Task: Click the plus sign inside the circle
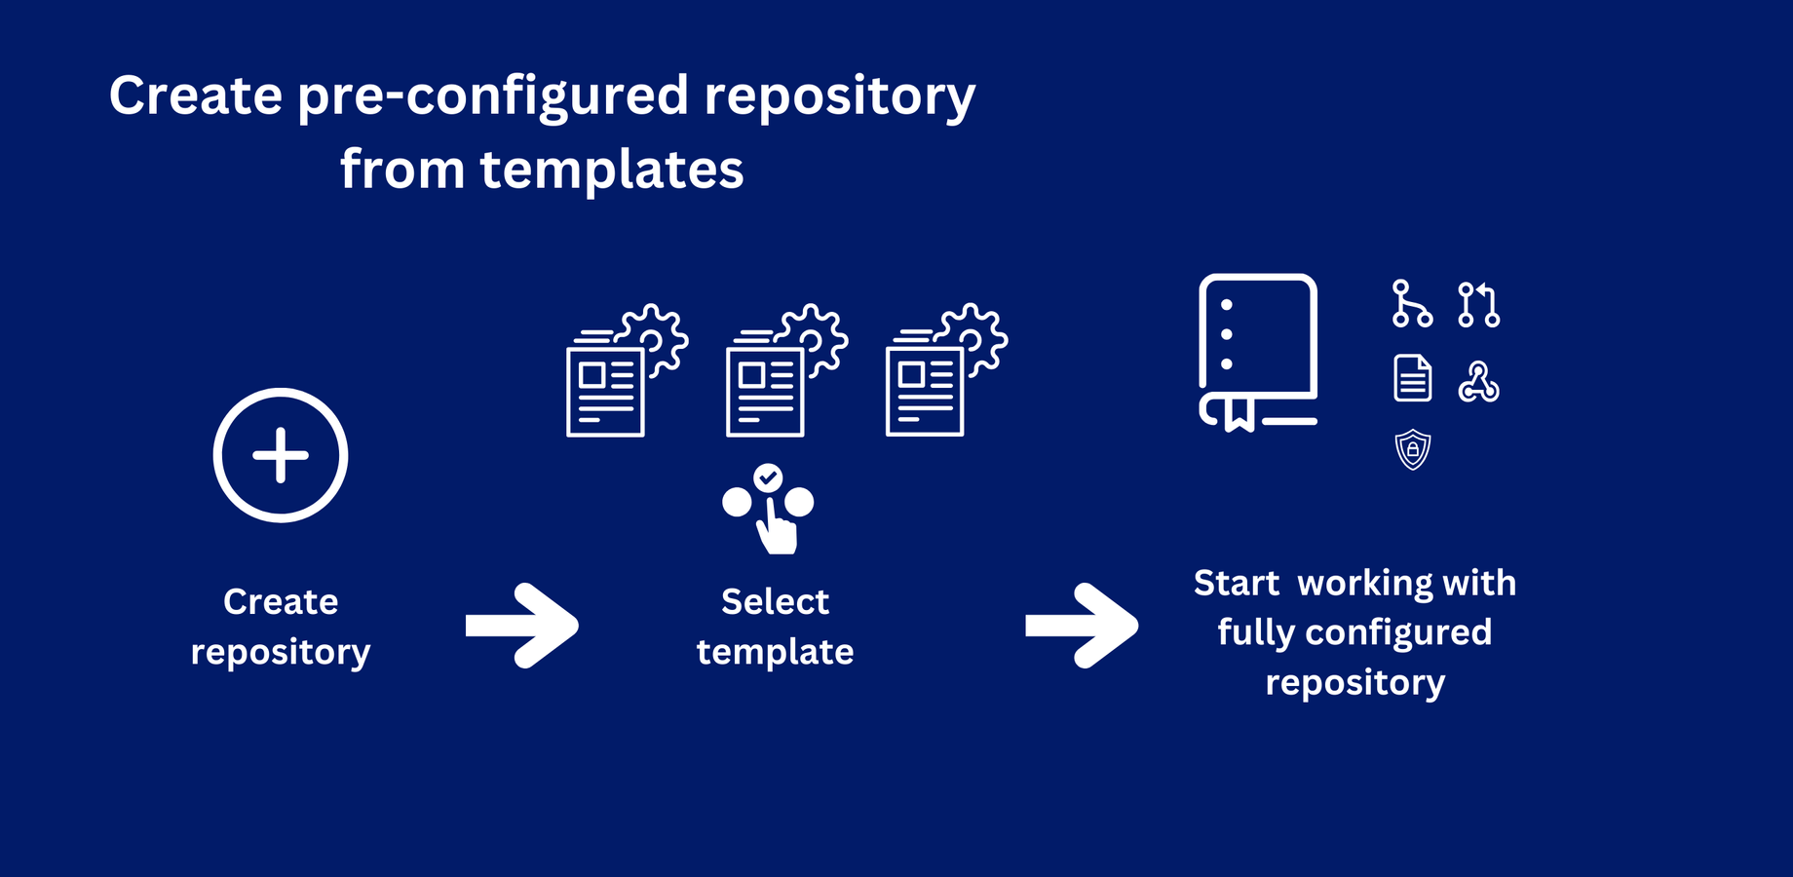click(281, 455)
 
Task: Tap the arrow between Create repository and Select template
click(522, 626)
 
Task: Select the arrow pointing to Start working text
click(1082, 626)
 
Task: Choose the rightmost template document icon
click(946, 370)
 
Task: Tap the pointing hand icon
click(778, 526)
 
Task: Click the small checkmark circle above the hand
click(768, 477)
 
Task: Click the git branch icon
click(1412, 303)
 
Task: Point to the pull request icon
click(1478, 304)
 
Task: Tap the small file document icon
click(1413, 378)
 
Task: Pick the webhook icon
click(1478, 382)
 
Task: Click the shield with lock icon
click(1413, 450)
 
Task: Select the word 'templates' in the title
click(612, 170)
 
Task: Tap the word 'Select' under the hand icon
click(775, 601)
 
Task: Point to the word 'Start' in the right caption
click(1237, 583)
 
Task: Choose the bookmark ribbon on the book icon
click(1240, 413)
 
